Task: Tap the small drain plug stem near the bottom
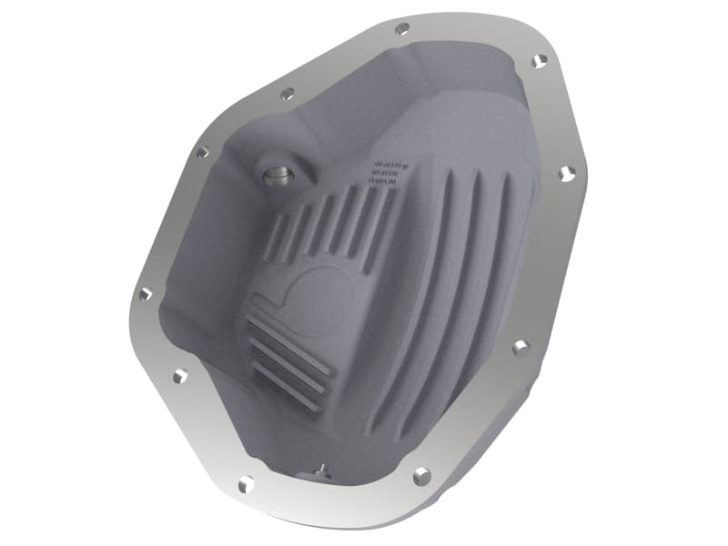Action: (x=320, y=469)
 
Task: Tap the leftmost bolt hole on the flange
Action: (x=144, y=294)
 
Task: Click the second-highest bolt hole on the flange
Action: (x=539, y=61)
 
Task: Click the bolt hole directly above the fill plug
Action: (x=288, y=93)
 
